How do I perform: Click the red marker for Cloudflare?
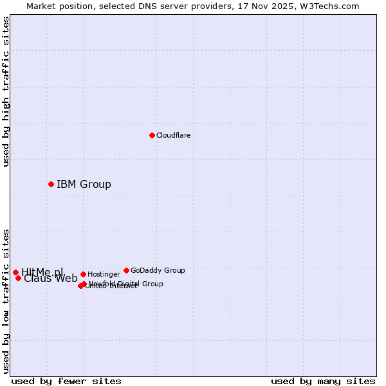coord(152,135)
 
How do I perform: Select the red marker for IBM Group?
coord(51,185)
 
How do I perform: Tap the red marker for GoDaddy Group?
coord(126,271)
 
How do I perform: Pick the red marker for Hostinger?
coord(83,275)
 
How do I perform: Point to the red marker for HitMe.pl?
coord(15,273)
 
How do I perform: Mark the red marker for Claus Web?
coord(18,278)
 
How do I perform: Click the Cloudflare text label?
coord(174,136)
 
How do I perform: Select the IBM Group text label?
coord(84,185)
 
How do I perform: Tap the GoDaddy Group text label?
coord(158,271)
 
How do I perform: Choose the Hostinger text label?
coord(104,275)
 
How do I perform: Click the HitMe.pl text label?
coord(42,272)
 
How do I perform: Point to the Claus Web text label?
coord(51,279)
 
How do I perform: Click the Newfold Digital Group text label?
coord(126,284)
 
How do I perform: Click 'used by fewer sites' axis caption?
coord(66,381)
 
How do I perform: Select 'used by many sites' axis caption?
coord(323,381)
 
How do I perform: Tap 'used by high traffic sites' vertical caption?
coord(6,91)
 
